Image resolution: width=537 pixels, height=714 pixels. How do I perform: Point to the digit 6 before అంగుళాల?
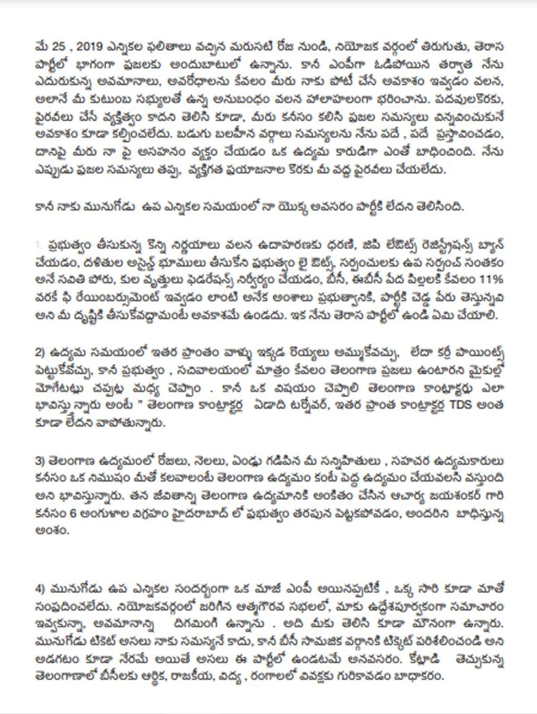73,513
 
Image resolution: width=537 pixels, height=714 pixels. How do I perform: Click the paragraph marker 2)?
41,353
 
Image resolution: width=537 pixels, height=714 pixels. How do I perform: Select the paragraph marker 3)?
41,461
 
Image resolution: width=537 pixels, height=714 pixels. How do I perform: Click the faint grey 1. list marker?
39,245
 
